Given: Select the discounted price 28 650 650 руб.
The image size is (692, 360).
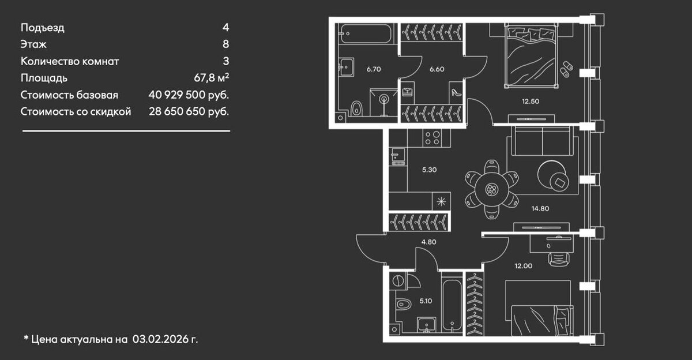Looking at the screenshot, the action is [x=185, y=111].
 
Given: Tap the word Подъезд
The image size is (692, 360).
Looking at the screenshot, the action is [x=43, y=27].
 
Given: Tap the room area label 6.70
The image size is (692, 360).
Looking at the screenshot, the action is [x=374, y=69].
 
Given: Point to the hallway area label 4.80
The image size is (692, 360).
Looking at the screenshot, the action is [x=428, y=242].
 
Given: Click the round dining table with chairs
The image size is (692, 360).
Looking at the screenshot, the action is [x=491, y=189].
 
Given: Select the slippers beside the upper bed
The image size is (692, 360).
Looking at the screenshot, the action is [x=566, y=67].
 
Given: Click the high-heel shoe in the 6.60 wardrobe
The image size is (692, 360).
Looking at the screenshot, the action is [x=455, y=92].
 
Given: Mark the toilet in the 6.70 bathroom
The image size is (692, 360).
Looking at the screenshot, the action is [x=356, y=107].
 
